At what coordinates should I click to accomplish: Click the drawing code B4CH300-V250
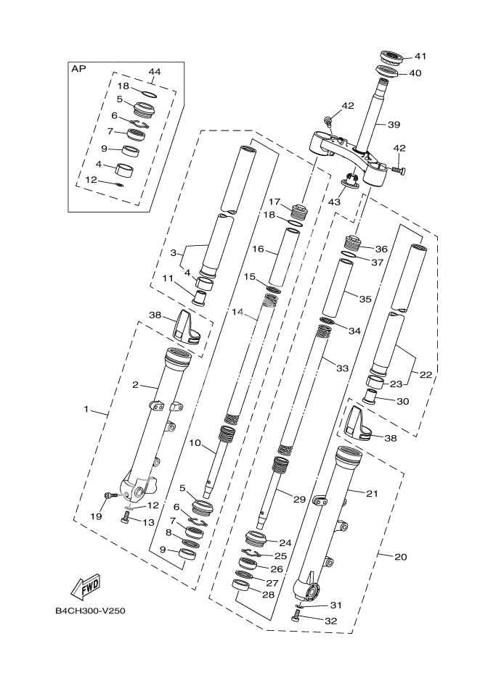click(89, 611)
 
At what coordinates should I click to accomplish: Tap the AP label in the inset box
click(78, 69)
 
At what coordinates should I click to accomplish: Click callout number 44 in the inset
click(155, 72)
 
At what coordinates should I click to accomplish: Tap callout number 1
click(86, 410)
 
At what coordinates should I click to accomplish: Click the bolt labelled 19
click(110, 496)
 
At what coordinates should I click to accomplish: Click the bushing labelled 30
click(371, 397)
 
